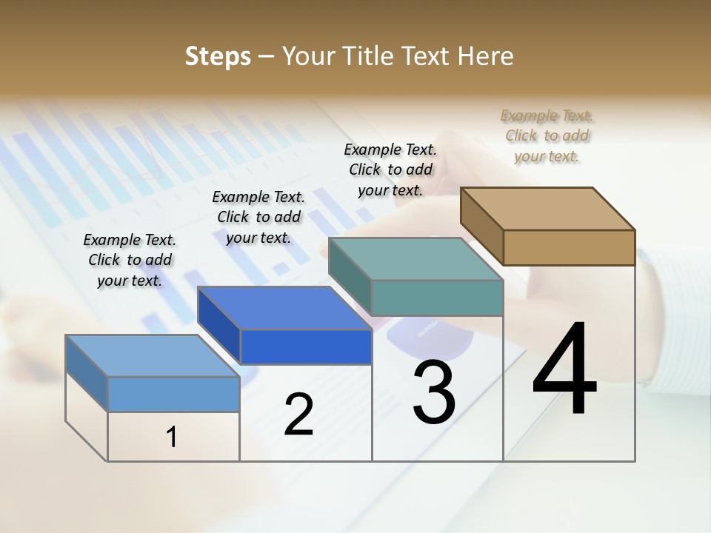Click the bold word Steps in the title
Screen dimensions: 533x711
[218, 56]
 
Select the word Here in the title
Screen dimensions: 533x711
[487, 56]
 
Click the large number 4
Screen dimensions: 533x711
[564, 370]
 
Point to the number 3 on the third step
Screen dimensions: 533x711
[434, 392]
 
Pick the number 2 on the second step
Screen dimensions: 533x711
[298, 414]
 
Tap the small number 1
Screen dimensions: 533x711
[172, 438]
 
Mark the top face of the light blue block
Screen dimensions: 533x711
[153, 356]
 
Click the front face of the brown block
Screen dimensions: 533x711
[569, 247]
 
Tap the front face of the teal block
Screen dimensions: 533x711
[437, 298]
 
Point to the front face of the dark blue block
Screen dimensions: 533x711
[306, 346]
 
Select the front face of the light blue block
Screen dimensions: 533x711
[173, 394]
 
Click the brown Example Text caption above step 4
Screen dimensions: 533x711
[547, 135]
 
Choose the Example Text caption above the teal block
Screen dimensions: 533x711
[390, 170]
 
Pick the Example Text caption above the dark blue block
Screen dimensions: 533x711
[258, 217]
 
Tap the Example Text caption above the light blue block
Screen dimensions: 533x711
[130, 260]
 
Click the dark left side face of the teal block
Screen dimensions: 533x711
[350, 275]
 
